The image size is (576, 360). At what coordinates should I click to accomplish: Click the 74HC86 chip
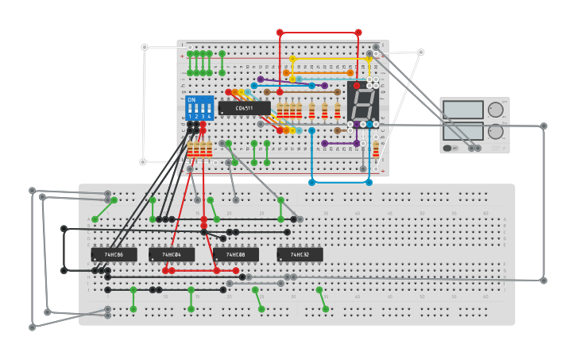tap(114, 254)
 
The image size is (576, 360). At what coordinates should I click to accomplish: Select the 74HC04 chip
tap(172, 254)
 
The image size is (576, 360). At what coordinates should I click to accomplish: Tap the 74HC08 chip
tap(235, 254)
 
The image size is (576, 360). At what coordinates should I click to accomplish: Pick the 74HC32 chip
tap(300, 254)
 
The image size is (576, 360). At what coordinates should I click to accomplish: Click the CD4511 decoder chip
tap(244, 108)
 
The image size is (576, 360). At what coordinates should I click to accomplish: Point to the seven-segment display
tap(362, 103)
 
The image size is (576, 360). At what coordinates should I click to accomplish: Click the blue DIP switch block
tap(199, 107)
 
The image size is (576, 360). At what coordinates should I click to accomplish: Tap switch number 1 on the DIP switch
tap(191, 110)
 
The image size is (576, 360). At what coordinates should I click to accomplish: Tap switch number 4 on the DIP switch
tap(209, 110)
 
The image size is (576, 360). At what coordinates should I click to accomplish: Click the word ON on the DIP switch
tap(191, 100)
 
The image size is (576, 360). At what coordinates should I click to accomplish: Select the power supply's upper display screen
tap(463, 110)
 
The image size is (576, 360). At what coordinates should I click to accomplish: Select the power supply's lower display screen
tap(463, 130)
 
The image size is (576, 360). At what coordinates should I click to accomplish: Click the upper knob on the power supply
tap(496, 110)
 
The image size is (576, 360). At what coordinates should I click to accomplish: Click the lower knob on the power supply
tap(496, 131)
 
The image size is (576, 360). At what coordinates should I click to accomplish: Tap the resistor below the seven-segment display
tap(375, 148)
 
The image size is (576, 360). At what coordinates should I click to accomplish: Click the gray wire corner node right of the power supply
tap(543, 126)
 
